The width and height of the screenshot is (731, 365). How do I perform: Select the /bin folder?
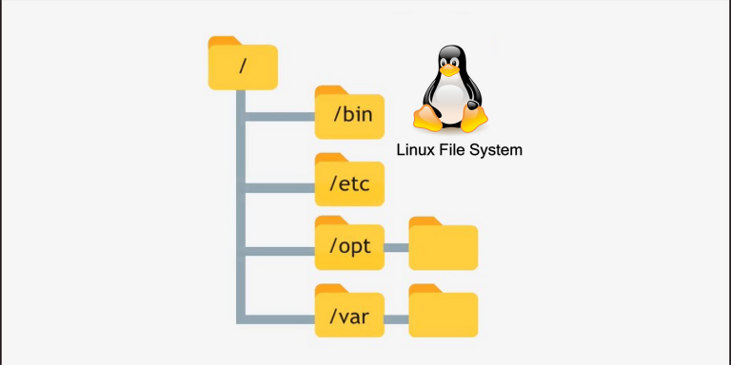click(x=349, y=116)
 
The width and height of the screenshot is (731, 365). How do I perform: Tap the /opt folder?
click(x=349, y=246)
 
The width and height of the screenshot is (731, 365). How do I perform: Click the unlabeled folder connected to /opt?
click(x=443, y=246)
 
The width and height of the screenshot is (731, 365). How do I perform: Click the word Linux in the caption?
click(x=416, y=150)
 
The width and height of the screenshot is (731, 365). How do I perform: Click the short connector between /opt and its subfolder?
click(x=396, y=248)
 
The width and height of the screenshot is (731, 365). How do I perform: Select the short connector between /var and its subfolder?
click(x=396, y=314)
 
